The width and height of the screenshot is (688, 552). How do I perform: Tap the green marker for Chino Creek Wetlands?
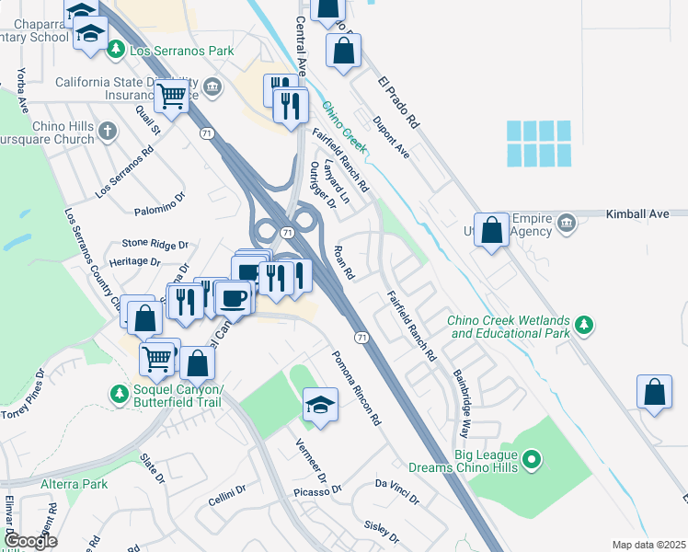[x=583, y=325]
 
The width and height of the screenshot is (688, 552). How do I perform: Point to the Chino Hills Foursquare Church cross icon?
[x=108, y=131]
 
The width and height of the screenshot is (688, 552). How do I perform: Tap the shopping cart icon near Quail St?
[x=171, y=94]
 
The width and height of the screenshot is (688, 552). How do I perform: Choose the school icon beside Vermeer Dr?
[x=318, y=406]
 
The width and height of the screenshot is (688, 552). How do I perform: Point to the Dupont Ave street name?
[x=391, y=137]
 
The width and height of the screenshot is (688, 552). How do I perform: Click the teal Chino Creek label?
[x=344, y=127]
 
